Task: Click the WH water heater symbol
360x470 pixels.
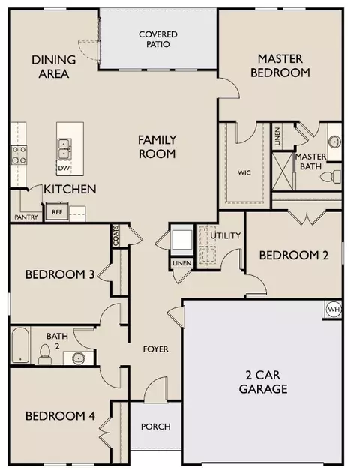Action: point(334,310)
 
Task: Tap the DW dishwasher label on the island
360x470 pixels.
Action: point(64,168)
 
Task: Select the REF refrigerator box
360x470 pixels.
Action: point(57,212)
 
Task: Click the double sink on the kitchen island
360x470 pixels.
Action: point(64,148)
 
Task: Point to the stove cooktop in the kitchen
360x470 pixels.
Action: point(19,155)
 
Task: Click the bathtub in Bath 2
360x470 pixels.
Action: point(20,345)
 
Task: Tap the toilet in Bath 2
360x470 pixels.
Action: point(45,354)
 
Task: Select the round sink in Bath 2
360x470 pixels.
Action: point(79,358)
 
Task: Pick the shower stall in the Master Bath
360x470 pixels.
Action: point(283,171)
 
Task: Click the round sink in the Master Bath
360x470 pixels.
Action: point(334,142)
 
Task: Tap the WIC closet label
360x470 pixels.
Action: point(244,172)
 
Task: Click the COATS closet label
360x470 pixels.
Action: point(116,235)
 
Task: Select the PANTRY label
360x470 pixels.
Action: point(26,217)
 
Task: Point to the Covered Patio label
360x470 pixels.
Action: point(158,39)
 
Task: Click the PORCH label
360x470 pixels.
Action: point(156,427)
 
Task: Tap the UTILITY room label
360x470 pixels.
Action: point(225,235)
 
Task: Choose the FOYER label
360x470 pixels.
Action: point(156,349)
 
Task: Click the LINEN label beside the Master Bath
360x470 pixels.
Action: point(277,137)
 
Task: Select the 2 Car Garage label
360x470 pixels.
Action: point(263,382)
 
